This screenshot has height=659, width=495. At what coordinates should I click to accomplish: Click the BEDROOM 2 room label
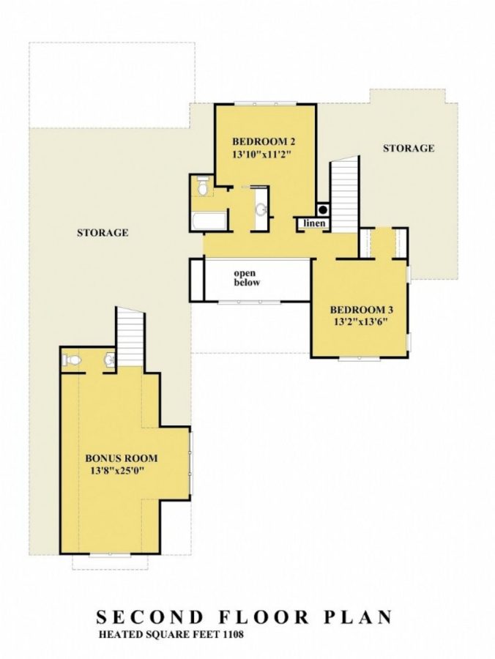264,141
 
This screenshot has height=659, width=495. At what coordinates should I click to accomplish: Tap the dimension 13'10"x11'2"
264,154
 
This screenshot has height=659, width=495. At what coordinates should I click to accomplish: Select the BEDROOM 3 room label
359,308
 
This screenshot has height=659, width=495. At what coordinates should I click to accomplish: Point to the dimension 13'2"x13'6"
359,321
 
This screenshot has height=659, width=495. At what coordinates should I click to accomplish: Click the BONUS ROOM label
122,458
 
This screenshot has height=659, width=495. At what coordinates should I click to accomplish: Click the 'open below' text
247,278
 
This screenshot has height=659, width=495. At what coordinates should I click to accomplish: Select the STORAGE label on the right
409,148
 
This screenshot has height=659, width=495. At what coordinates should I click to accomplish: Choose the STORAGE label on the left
103,233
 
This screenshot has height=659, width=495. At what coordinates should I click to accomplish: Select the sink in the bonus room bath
109,360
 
